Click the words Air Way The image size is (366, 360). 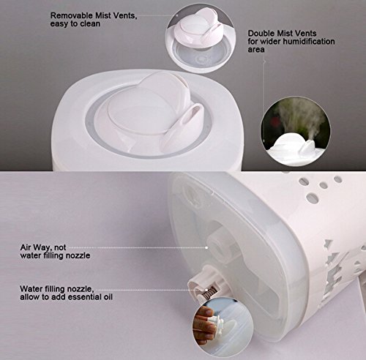(36, 247)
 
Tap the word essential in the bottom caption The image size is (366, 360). (83, 297)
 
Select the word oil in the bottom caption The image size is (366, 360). (107, 297)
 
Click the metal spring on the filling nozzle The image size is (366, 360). (210, 292)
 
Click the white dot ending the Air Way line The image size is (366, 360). (206, 247)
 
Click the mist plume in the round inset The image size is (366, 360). (299, 119)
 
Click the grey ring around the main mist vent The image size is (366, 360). (147, 154)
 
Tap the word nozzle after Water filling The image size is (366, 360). (80, 289)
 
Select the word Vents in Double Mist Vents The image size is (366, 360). (305, 33)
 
